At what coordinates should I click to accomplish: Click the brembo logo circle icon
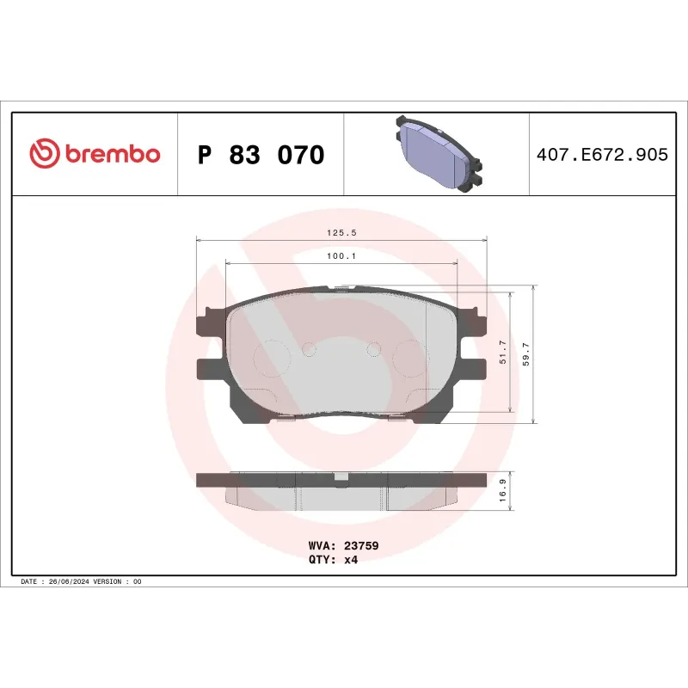tap(45, 154)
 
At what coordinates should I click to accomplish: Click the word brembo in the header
tap(112, 154)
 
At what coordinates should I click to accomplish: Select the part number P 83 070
tap(261, 155)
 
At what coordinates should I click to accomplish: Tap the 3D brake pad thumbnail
tap(436, 154)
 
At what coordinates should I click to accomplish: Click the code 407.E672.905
tap(601, 155)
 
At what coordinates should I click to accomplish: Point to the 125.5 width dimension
tap(341, 232)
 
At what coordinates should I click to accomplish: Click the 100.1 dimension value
tap(341, 255)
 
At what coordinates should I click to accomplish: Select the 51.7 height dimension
tap(503, 353)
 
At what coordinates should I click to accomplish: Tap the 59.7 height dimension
tap(526, 353)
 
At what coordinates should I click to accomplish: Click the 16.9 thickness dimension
tap(503, 491)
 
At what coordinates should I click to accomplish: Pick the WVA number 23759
tap(361, 545)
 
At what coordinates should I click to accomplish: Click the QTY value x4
tap(350, 559)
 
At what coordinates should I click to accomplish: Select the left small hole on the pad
tap(310, 348)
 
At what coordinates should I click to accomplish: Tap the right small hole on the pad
tap(373, 348)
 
